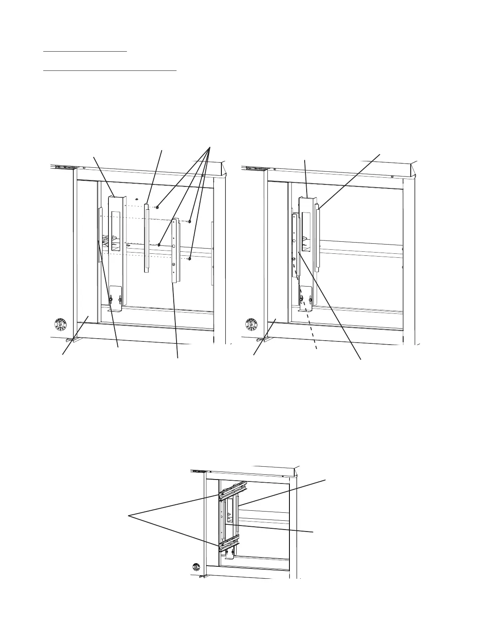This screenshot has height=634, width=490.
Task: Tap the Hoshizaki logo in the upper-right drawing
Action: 251,324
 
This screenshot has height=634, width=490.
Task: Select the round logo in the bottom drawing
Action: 196,567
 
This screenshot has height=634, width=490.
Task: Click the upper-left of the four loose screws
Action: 158,207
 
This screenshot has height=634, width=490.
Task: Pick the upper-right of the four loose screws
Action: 190,221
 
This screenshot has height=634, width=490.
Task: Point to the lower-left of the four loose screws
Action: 159,244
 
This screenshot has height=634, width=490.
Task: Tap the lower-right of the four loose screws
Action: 190,259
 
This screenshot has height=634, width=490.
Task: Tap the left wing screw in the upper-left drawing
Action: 110,300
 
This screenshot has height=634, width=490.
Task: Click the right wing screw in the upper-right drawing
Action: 310,300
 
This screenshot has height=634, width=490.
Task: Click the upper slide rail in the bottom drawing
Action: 233,491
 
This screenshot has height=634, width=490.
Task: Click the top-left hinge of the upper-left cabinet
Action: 63,168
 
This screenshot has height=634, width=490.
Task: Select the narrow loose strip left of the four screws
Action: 147,238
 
